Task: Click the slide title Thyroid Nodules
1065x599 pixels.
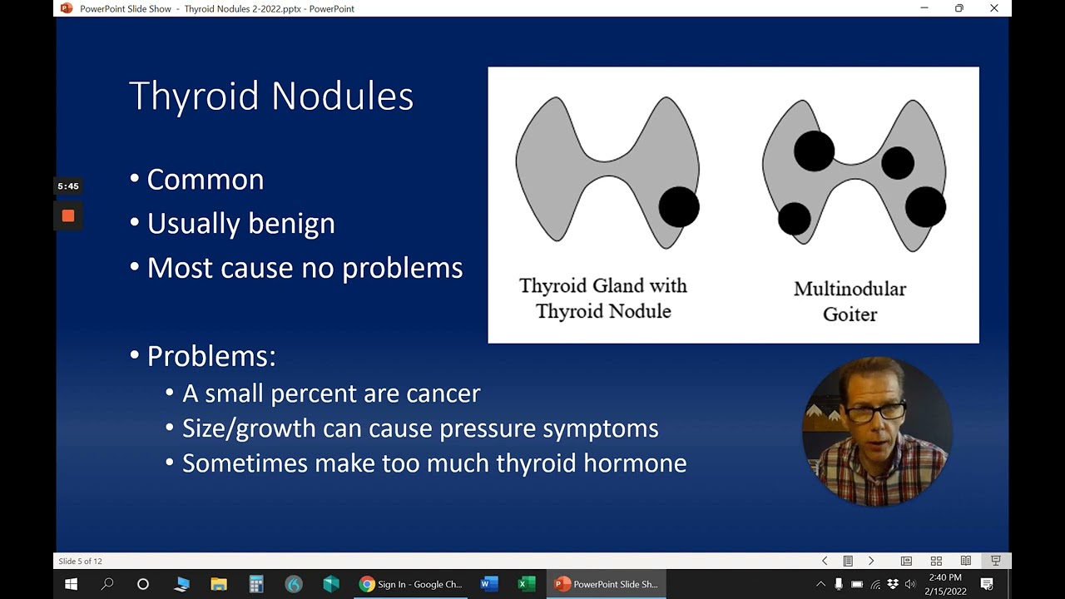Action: point(271,96)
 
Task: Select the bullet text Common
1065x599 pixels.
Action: point(205,180)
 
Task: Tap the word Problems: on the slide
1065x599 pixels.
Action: point(211,356)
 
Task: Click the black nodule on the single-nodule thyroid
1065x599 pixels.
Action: point(679,206)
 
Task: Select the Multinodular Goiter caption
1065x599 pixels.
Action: point(850,301)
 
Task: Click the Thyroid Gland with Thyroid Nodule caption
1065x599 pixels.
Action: point(603,298)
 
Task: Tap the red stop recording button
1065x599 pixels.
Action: point(68,216)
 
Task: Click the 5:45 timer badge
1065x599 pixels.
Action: point(68,186)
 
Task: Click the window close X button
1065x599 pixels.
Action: point(994,8)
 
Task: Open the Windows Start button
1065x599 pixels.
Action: point(71,584)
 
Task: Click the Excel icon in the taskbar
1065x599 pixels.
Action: point(526,584)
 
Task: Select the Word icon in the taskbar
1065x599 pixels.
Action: point(489,584)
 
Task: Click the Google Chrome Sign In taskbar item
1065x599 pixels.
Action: point(411,584)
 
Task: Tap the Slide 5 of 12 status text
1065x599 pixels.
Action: point(81,561)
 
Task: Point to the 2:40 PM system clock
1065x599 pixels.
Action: point(944,577)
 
